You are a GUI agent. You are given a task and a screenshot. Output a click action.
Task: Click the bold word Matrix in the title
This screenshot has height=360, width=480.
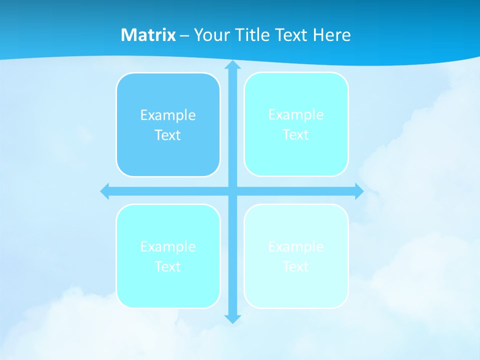click(x=148, y=35)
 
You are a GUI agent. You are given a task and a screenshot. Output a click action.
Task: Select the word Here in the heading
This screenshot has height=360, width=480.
click(x=331, y=35)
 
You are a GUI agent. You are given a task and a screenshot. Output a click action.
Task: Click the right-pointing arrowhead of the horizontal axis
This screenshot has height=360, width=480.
click(x=359, y=191)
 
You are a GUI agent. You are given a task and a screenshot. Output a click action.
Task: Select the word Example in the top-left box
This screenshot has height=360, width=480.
click(x=168, y=115)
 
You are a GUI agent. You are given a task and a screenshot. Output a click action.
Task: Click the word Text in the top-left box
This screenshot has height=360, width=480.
click(x=168, y=135)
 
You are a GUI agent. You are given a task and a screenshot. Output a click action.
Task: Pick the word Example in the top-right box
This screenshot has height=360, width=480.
click(x=296, y=115)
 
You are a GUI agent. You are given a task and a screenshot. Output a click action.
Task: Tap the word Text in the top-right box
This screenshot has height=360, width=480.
click(x=296, y=134)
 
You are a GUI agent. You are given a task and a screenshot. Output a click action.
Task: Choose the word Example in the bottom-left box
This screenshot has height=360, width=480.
click(x=168, y=246)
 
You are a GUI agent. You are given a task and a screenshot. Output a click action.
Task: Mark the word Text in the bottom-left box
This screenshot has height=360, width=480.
click(x=168, y=266)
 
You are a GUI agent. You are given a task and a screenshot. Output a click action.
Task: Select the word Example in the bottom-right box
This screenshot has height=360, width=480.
click(x=296, y=246)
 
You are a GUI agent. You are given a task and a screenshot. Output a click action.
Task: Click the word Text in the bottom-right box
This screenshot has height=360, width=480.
click(x=296, y=266)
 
